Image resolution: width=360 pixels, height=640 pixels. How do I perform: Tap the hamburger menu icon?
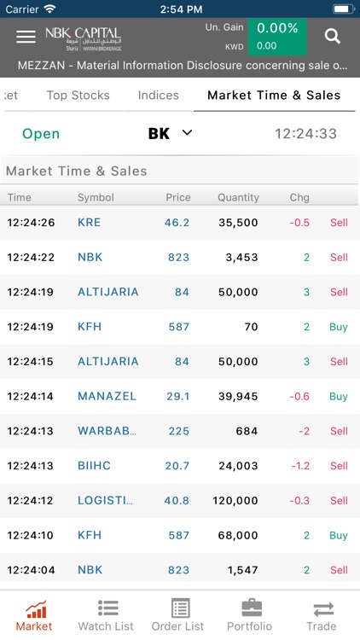tap(26, 36)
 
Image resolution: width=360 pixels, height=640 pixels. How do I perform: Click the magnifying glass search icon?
tap(333, 36)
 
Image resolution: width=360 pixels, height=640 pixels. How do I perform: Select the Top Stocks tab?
tap(78, 96)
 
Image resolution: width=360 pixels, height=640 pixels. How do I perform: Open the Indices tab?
tap(159, 96)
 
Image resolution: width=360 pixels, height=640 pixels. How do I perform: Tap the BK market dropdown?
tap(171, 133)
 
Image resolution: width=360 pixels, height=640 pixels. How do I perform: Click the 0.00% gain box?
tap(277, 28)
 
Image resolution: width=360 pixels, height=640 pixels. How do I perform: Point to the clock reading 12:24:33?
tap(305, 134)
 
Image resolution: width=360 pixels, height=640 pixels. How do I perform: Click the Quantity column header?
tap(238, 197)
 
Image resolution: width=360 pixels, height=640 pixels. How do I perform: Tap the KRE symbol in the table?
tap(89, 223)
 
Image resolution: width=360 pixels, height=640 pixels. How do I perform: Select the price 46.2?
tap(177, 223)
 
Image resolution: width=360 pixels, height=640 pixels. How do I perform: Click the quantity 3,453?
tap(241, 257)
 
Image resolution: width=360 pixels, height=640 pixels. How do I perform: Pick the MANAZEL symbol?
tap(107, 396)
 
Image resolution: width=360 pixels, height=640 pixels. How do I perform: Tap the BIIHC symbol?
tap(94, 466)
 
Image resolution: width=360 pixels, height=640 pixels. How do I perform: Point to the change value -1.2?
tap(299, 466)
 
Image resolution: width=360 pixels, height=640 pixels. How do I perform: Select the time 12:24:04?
tap(31, 570)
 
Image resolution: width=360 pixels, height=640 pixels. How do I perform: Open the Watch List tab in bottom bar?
tap(106, 615)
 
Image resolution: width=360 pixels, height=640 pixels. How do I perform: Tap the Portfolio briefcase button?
tap(249, 615)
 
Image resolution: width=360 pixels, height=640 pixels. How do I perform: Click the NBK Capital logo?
tap(83, 37)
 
